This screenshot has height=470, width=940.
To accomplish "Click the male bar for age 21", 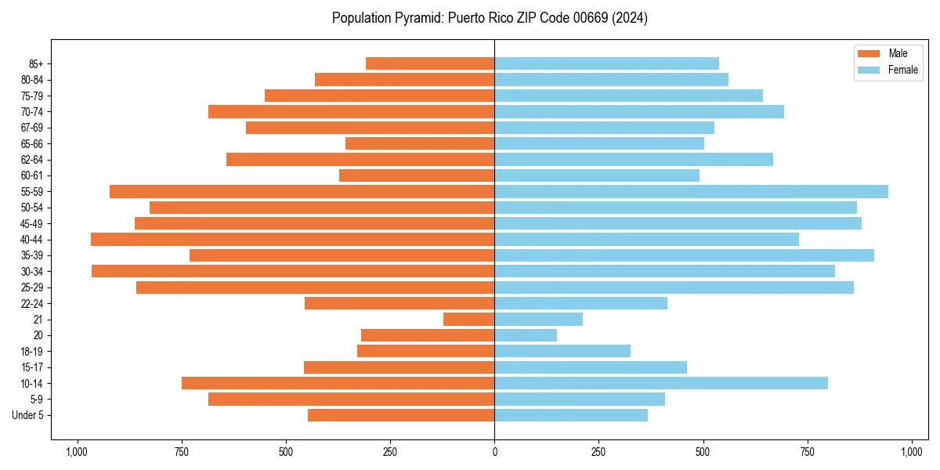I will click(468, 320).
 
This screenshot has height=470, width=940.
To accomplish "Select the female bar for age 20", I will click(526, 335).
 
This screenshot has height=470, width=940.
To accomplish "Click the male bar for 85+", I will click(430, 63).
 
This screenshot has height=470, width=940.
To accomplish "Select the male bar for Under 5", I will click(401, 415).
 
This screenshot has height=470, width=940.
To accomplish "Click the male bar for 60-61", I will click(417, 175).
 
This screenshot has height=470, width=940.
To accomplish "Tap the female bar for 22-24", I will click(580, 303).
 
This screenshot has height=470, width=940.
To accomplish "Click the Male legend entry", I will click(898, 53).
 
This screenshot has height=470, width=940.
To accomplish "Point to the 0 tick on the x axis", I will click(494, 453).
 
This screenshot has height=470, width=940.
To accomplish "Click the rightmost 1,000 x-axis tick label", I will click(912, 453).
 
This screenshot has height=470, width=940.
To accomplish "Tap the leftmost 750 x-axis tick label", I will click(182, 453).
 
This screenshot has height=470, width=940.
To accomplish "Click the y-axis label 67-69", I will click(32, 128).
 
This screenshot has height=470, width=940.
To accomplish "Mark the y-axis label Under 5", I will click(27, 415).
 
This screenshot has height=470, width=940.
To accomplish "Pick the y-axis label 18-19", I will click(32, 352).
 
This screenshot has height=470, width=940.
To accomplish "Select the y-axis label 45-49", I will click(32, 224).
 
